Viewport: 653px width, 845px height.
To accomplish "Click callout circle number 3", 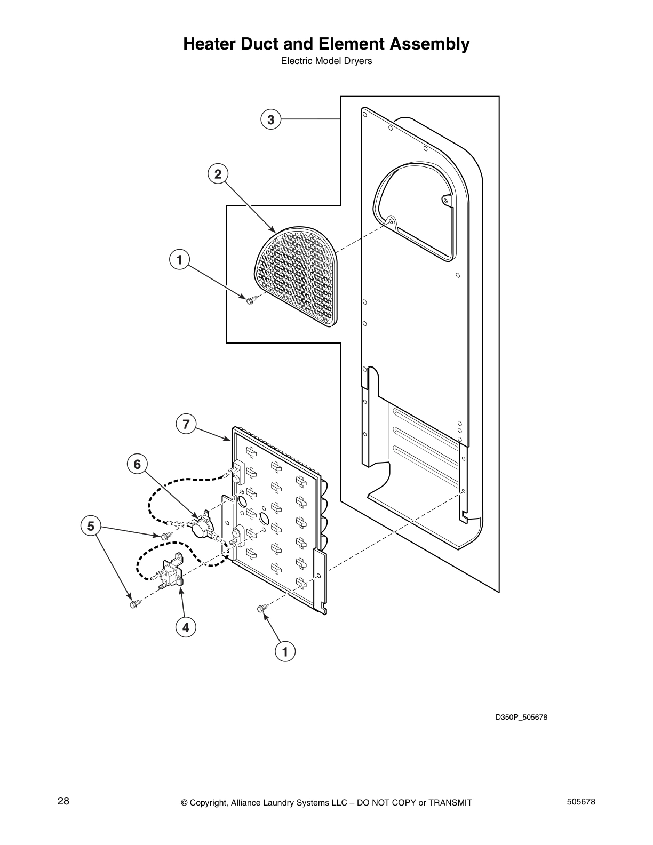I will pos(271,119).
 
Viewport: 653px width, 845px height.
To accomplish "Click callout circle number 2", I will pos(218,174).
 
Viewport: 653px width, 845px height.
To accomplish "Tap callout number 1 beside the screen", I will pos(179,260).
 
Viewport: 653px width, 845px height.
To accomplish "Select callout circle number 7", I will pos(186,424).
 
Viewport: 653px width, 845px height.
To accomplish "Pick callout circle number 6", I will pos(137,464).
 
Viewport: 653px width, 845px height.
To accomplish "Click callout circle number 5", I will pos(91,527).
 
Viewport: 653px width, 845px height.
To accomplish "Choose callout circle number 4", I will pos(186,628).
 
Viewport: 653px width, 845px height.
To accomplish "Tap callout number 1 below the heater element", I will pos(285,651).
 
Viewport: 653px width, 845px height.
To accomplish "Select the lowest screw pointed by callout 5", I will pos(134,604).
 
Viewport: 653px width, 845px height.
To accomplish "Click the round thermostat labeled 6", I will pos(201,528).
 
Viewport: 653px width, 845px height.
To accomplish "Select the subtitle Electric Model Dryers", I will pos(326,61).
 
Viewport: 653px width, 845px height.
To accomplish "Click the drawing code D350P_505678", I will pos(521,717).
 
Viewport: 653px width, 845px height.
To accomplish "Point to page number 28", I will pos(63,801).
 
